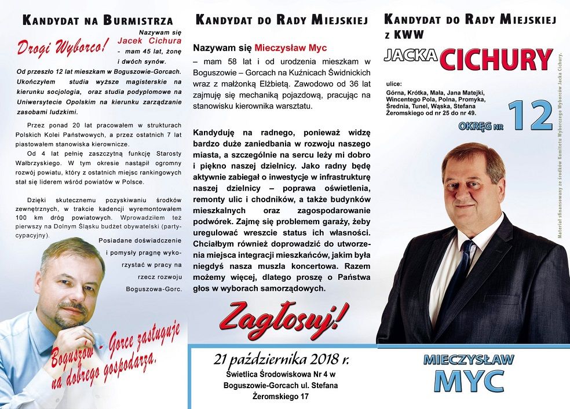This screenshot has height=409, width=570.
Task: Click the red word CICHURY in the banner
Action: point(496,59)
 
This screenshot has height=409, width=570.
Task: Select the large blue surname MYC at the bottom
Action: point(469,381)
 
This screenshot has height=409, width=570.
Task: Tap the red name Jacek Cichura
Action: point(149,41)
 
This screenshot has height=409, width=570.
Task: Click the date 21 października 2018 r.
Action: point(282,359)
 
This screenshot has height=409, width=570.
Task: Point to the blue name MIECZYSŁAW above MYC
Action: point(469,359)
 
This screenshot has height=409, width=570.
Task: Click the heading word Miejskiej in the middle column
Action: point(339,20)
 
